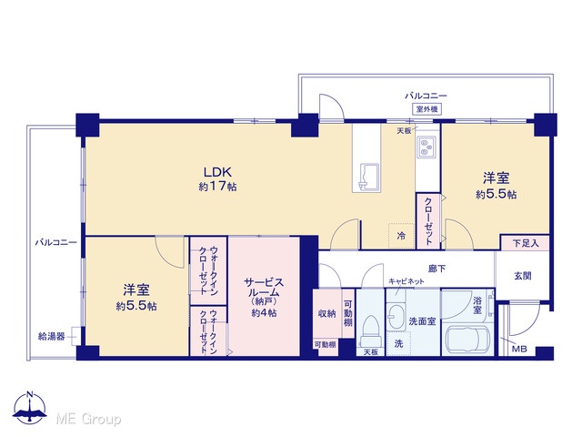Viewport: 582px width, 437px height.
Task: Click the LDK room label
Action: tap(217, 172)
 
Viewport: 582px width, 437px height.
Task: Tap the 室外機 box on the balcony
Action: tap(426, 109)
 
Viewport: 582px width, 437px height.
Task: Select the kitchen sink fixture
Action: tap(366, 178)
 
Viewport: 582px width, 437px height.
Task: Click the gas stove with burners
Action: tap(426, 146)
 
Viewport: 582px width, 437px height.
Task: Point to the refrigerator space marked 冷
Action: tap(401, 236)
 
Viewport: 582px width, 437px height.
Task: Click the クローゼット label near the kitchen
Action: tap(428, 221)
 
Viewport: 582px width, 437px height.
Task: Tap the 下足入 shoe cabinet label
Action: tap(526, 243)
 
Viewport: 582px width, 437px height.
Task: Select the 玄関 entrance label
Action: tap(523, 276)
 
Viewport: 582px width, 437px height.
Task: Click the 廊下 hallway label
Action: tap(436, 269)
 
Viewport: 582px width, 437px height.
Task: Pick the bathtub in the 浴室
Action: tap(467, 340)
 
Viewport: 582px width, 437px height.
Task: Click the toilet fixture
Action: tap(370, 331)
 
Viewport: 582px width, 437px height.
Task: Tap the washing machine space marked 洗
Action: tap(398, 343)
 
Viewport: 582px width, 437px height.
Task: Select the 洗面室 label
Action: tap(422, 321)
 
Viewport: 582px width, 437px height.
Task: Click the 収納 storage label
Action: tap(326, 313)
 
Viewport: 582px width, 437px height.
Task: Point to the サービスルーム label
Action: tap(264, 288)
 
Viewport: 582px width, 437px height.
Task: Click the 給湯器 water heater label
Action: tap(52, 337)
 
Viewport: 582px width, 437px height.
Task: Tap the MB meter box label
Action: tap(519, 350)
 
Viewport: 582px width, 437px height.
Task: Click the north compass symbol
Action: tap(30, 408)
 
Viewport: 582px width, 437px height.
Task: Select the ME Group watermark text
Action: tap(88, 420)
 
